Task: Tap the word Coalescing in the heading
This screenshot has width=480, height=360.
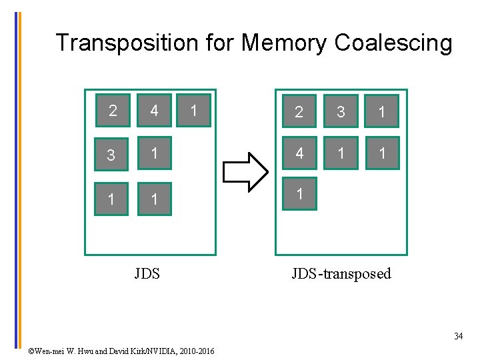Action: click(393, 43)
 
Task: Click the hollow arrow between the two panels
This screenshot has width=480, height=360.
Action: click(244, 171)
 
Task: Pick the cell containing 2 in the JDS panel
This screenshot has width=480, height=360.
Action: click(112, 109)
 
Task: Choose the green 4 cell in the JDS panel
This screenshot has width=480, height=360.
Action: click(155, 109)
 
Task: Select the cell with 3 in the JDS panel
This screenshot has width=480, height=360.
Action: click(112, 154)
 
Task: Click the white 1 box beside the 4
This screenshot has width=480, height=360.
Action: click(194, 109)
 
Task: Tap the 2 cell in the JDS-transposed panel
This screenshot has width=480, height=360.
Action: click(299, 111)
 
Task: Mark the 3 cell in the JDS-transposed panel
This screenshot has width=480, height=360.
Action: click(341, 111)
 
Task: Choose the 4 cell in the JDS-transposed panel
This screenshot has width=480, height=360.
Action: click(299, 153)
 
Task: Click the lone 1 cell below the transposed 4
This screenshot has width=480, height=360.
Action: click(299, 194)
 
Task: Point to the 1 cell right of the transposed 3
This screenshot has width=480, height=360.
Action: click(382, 111)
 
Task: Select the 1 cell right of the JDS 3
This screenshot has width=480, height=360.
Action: click(155, 154)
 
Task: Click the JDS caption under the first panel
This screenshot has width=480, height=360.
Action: click(147, 273)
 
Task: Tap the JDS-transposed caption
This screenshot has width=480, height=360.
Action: click(341, 273)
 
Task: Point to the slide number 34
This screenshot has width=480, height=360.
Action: click(459, 336)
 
